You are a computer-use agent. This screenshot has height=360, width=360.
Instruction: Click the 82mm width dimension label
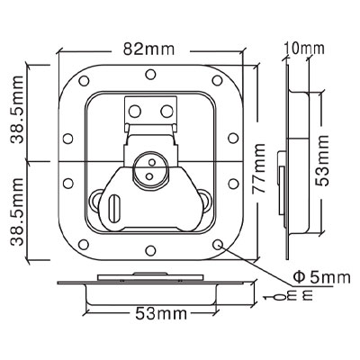pyautogui.click(x=149, y=49)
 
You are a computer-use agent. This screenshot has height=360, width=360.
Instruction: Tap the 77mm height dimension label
pyautogui.click(x=258, y=168)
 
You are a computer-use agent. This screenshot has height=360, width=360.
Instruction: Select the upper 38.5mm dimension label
pyautogui.click(x=16, y=110)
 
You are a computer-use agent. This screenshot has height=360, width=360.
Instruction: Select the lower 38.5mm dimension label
pyautogui.click(x=16, y=211)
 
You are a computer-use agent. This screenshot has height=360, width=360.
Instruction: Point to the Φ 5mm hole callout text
pyautogui.click(x=321, y=278)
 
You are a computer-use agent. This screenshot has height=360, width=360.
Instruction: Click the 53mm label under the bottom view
pyautogui.click(x=161, y=314)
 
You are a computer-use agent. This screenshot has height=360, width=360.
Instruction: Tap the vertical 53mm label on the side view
pyautogui.click(x=323, y=161)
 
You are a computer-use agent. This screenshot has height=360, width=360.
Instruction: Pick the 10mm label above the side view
pyautogui.click(x=305, y=49)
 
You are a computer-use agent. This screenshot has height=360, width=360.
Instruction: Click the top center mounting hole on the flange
pyautogui.click(x=150, y=74)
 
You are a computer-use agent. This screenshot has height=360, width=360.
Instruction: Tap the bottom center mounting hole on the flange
pyautogui.click(x=150, y=250)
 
